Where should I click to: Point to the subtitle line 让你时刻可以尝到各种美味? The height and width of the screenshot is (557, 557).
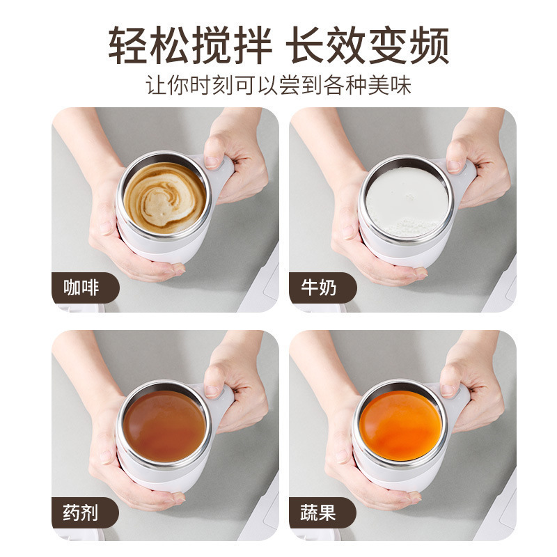point(278,86)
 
